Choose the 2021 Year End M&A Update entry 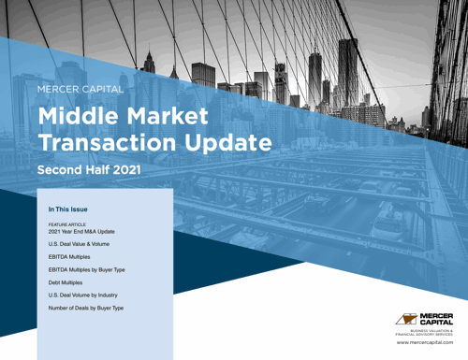click(79, 233)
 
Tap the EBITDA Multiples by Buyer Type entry click(86, 269)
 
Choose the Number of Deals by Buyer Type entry click(85, 309)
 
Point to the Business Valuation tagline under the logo click(426, 333)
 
